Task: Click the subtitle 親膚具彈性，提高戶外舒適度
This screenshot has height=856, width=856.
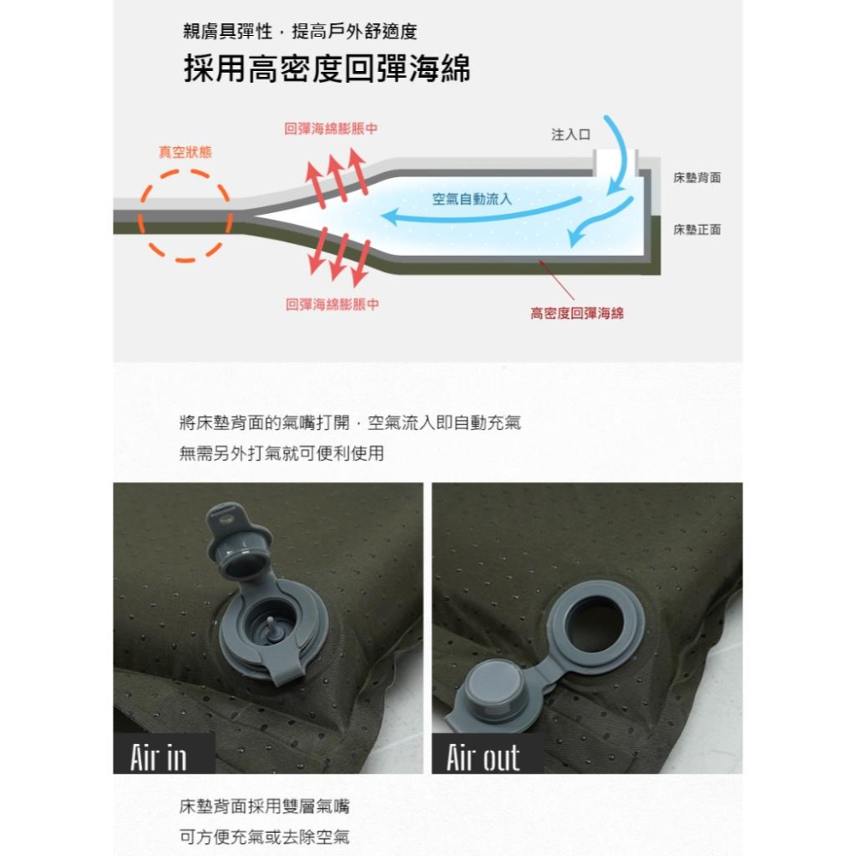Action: click(300, 33)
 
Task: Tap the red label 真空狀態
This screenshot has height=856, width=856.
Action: click(185, 152)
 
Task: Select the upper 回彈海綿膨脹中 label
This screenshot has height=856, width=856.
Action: click(331, 128)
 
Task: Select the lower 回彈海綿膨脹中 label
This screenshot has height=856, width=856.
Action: click(331, 304)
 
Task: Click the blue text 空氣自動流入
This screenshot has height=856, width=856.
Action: click(472, 199)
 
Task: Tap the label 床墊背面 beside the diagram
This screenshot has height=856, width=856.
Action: click(697, 177)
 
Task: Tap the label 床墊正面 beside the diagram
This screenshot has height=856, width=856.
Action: click(697, 229)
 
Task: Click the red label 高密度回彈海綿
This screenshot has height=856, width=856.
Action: click(577, 313)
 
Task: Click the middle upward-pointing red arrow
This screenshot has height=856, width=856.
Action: click(337, 178)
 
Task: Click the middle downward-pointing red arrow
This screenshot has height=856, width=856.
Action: click(339, 257)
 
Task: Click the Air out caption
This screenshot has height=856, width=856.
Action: click(483, 756)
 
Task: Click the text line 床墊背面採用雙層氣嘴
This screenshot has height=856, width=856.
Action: click(264, 806)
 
